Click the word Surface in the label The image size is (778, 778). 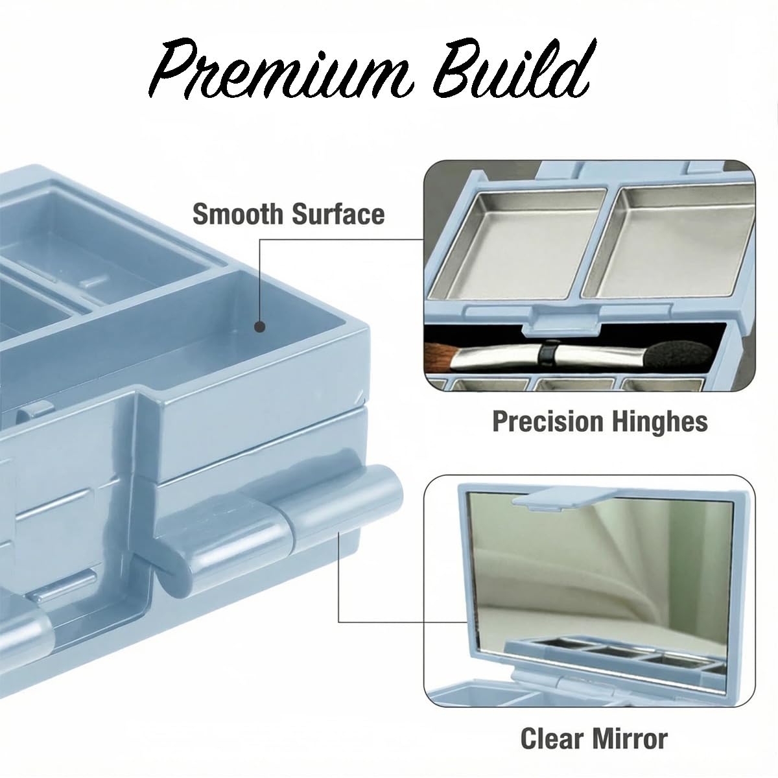tap(338, 214)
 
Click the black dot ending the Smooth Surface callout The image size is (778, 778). tap(261, 327)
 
